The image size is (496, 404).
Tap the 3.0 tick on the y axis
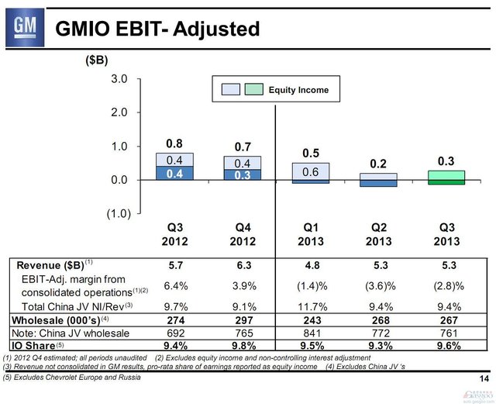click(119, 79)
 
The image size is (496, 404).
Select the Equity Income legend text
click(298, 90)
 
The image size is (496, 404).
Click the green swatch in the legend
click(254, 90)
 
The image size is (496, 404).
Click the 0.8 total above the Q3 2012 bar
click(175, 143)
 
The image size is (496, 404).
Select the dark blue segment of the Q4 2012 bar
click(243, 174)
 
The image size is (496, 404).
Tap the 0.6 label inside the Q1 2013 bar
click(310, 172)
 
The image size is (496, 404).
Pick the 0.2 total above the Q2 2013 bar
click(378, 164)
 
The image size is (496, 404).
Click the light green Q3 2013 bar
click(446, 175)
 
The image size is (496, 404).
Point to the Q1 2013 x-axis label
click(310, 234)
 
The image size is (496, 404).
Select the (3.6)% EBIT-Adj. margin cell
click(378, 285)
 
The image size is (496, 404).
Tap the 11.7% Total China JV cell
click(310, 306)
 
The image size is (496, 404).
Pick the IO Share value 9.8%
click(243, 345)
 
